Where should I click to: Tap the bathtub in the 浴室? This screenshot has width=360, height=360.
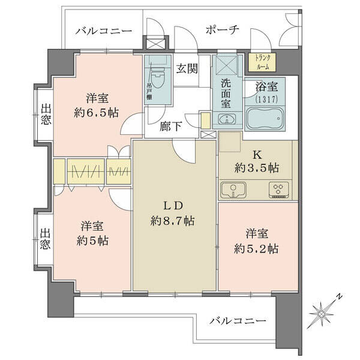coord(265,118)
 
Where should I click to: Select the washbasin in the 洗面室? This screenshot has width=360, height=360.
coord(227,119)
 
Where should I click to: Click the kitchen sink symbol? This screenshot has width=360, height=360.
coord(233,190)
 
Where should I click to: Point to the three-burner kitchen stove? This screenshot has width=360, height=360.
coord(279,190)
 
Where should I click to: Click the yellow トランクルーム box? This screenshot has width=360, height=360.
coord(262,62)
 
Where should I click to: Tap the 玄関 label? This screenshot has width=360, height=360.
coord(187,68)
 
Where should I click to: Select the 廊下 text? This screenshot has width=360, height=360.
coord(171,126)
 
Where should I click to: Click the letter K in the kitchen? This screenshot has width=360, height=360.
coord(257,155)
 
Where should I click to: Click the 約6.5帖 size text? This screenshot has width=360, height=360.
coord(96,113)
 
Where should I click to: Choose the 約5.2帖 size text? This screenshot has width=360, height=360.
coord(256,248)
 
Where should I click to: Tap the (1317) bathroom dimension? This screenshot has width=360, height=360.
coord(266,99)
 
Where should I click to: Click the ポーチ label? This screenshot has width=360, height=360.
coord(222,30)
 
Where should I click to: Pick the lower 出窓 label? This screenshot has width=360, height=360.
coord(45,239)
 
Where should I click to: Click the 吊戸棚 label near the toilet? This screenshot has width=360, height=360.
coord(149,91)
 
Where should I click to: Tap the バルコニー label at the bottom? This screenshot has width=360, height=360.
coord(238,320)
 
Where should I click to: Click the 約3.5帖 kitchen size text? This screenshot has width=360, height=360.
coord(257,168)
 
